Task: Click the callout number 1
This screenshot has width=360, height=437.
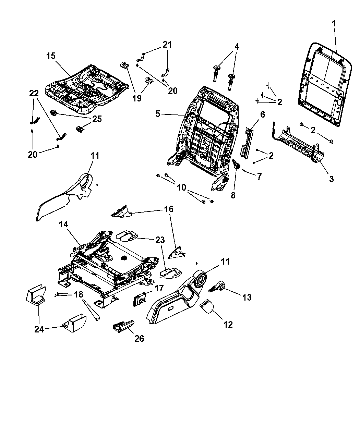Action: (x=334, y=24)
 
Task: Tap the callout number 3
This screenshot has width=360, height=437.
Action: (x=331, y=179)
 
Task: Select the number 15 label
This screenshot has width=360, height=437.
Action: (x=51, y=56)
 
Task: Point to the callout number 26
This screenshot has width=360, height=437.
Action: (x=139, y=338)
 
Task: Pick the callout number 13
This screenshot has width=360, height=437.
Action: (x=247, y=297)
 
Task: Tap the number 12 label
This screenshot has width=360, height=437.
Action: (x=228, y=324)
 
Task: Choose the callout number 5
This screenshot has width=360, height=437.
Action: (x=157, y=113)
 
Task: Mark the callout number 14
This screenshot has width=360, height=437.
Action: (x=64, y=224)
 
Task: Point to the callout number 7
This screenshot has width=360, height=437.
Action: (x=259, y=177)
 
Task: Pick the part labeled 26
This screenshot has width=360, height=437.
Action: (x=122, y=326)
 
